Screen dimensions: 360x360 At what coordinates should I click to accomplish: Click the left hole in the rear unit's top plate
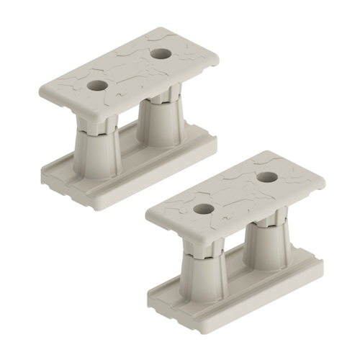pos(97,85)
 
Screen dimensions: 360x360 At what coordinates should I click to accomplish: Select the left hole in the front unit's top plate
pos(204,209)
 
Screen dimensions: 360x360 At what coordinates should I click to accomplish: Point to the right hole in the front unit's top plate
pos(267,176)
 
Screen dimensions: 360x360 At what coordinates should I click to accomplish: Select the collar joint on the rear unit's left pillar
pos(94,127)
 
